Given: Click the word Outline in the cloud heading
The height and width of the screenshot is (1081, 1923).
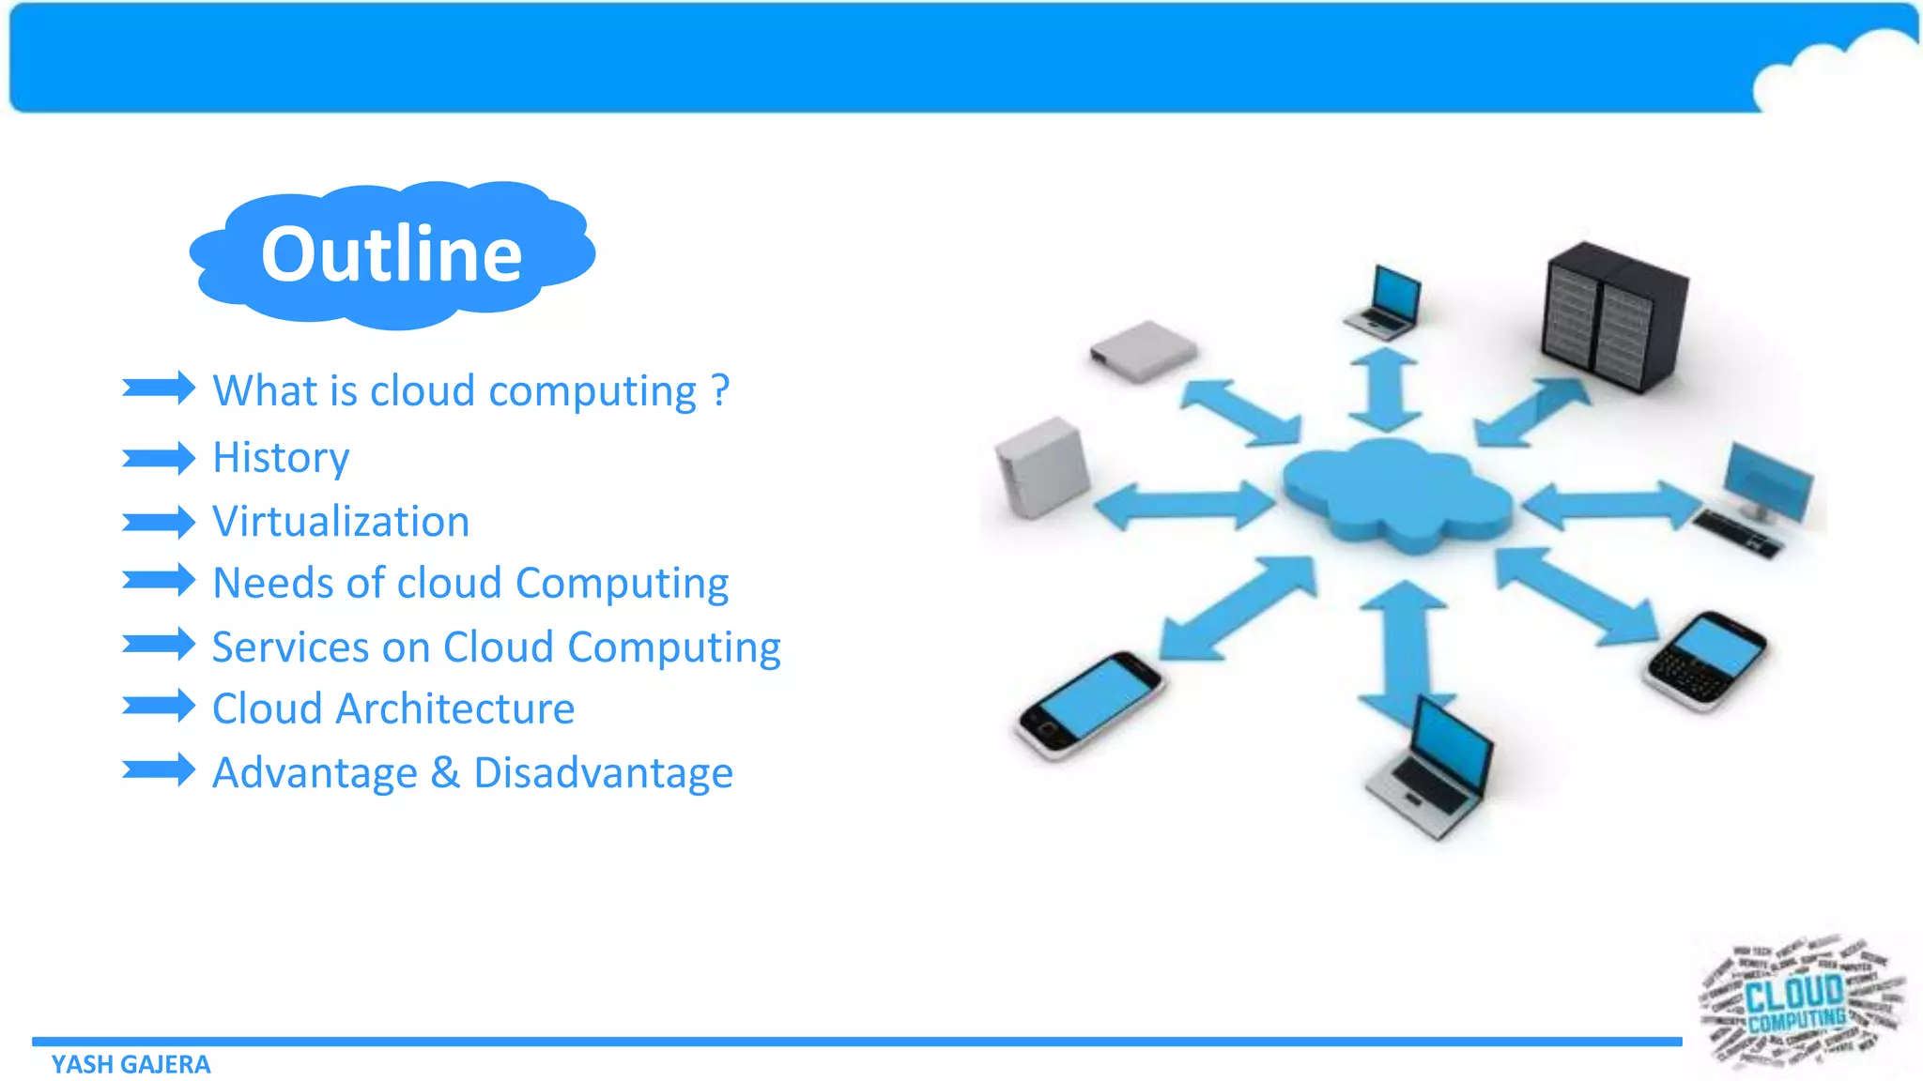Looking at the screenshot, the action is (392, 254).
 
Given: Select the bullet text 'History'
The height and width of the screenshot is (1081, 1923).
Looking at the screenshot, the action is (281, 458).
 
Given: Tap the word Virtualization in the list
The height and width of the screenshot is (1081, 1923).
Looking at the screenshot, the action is (341, 522).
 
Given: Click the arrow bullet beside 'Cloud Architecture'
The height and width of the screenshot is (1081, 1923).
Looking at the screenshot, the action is (158, 706).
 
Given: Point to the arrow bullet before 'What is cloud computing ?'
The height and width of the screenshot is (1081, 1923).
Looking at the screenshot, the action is (158, 388).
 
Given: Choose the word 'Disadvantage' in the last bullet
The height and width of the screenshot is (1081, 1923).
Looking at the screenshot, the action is (603, 773).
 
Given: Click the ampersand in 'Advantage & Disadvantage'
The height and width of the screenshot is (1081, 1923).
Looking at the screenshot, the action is (445, 773).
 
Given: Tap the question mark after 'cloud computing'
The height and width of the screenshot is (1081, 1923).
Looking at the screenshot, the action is (720, 389).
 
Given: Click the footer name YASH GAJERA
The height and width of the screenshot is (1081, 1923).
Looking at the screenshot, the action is (131, 1064).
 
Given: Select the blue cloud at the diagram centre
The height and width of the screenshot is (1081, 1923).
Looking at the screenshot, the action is (1397, 495).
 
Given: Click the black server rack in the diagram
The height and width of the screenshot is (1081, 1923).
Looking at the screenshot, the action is (1614, 316).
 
